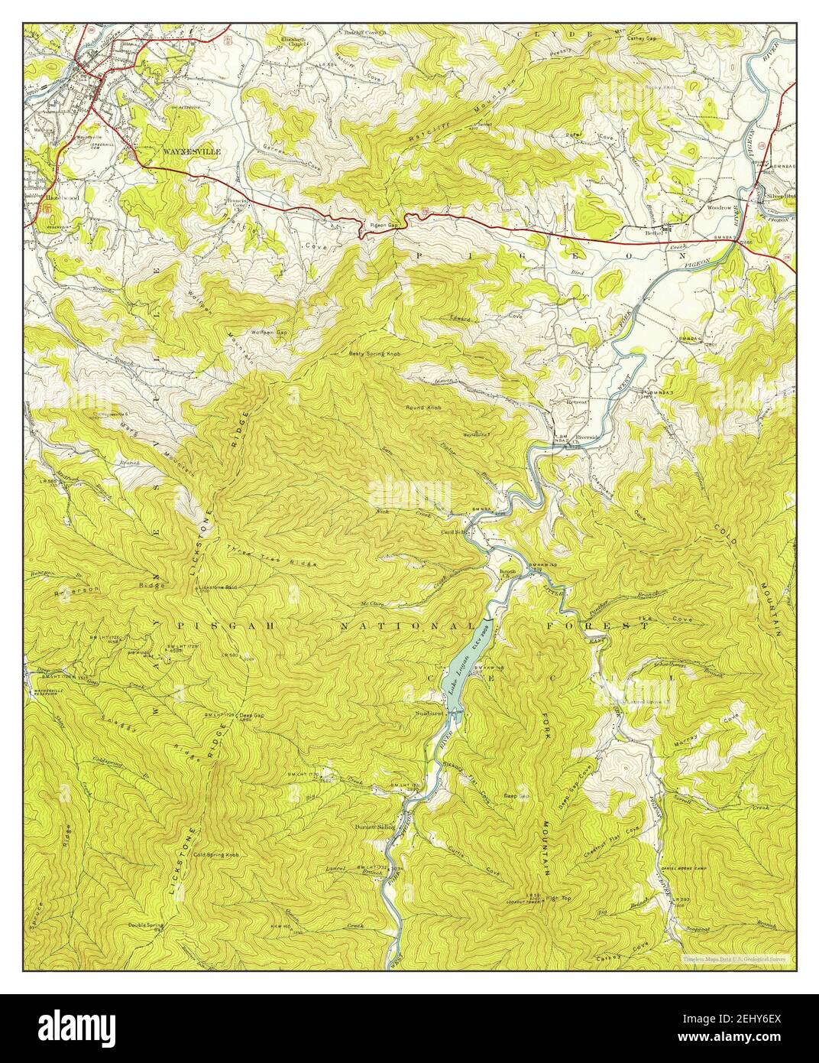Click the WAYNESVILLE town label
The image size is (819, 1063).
pos(191,152)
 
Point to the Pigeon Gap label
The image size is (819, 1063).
pos(384,226)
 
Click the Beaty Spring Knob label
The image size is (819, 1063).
pos(374,353)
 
